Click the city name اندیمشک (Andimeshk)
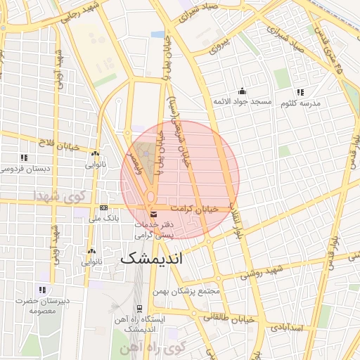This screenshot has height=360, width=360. (151, 257)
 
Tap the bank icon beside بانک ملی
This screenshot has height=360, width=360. (104, 208)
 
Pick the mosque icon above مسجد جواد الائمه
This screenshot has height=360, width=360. (243, 91)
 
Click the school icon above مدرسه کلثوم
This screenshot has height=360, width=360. (300, 92)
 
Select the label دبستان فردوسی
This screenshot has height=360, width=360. (24, 169)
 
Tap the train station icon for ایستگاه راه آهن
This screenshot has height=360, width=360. (139, 308)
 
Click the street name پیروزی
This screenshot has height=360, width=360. (217, 50)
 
